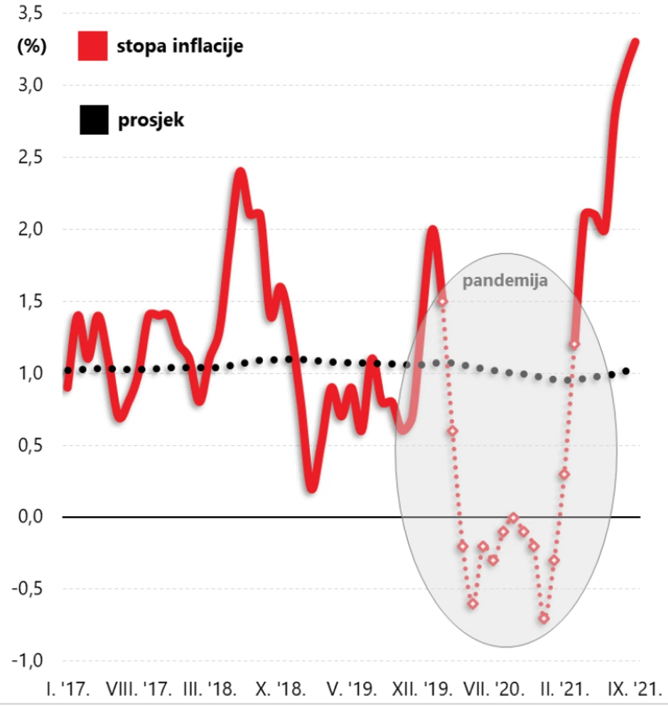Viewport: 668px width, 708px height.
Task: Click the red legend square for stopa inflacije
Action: pos(92,47)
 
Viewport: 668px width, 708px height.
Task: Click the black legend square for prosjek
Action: pos(92,119)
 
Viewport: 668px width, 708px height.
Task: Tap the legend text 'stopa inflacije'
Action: pos(180,48)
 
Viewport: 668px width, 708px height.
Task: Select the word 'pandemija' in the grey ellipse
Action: pos(505,280)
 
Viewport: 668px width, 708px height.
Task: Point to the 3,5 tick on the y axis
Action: pos(29,13)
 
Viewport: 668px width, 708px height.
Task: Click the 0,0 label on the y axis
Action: pos(29,517)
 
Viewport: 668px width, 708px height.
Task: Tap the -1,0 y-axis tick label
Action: pos(26,660)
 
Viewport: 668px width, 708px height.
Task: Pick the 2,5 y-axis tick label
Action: pos(29,157)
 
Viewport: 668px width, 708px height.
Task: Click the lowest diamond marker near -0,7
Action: pos(544,618)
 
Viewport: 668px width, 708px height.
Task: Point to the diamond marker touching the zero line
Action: pos(514,517)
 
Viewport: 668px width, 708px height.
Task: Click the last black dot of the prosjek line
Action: pos(626,370)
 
